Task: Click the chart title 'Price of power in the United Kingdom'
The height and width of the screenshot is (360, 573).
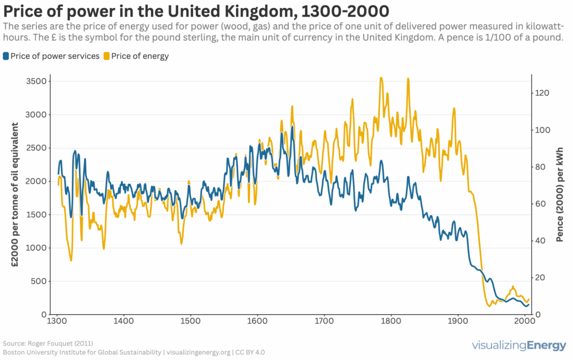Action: click(196, 11)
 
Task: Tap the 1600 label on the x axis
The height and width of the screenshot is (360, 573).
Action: click(257, 321)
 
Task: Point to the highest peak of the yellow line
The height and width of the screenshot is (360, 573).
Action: click(382, 78)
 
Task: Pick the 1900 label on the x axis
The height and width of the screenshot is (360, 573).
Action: click(458, 321)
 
